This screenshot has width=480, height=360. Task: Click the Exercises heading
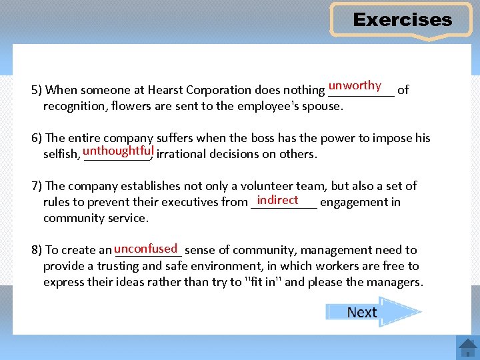(x=402, y=20)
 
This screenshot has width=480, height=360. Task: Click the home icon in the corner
(x=467, y=347)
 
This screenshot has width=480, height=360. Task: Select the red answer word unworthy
(x=355, y=85)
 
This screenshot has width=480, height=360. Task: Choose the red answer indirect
(x=277, y=200)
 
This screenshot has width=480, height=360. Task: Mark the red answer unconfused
(x=145, y=249)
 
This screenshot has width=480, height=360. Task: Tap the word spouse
(x=323, y=106)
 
